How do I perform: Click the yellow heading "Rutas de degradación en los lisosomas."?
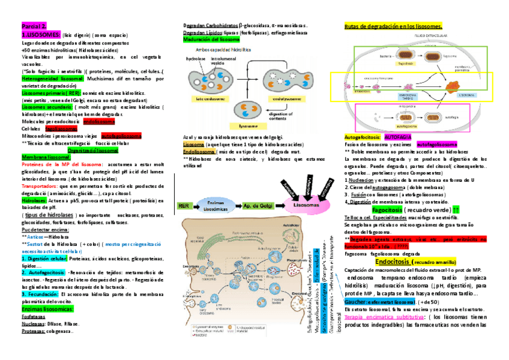[x=393, y=27]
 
